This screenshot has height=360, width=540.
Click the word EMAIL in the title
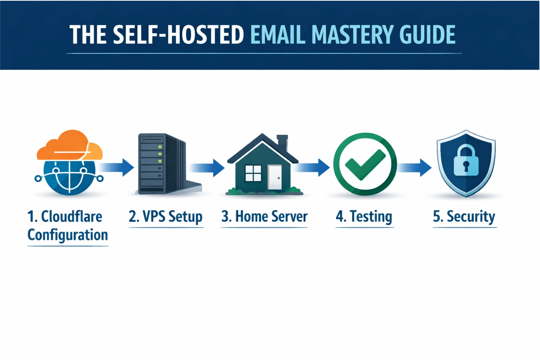tap(278, 35)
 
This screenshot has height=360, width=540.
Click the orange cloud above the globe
tap(68, 146)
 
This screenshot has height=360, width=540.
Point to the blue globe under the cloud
tap(69, 177)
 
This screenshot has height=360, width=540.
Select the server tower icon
tap(158, 164)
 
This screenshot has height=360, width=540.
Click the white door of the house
tap(275, 177)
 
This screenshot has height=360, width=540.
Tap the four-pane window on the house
tap(253, 173)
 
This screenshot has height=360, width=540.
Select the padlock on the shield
tap(466, 161)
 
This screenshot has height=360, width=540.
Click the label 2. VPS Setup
tap(165, 216)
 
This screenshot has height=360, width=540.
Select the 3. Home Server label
tap(264, 216)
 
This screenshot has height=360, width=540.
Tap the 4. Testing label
tap(364, 216)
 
